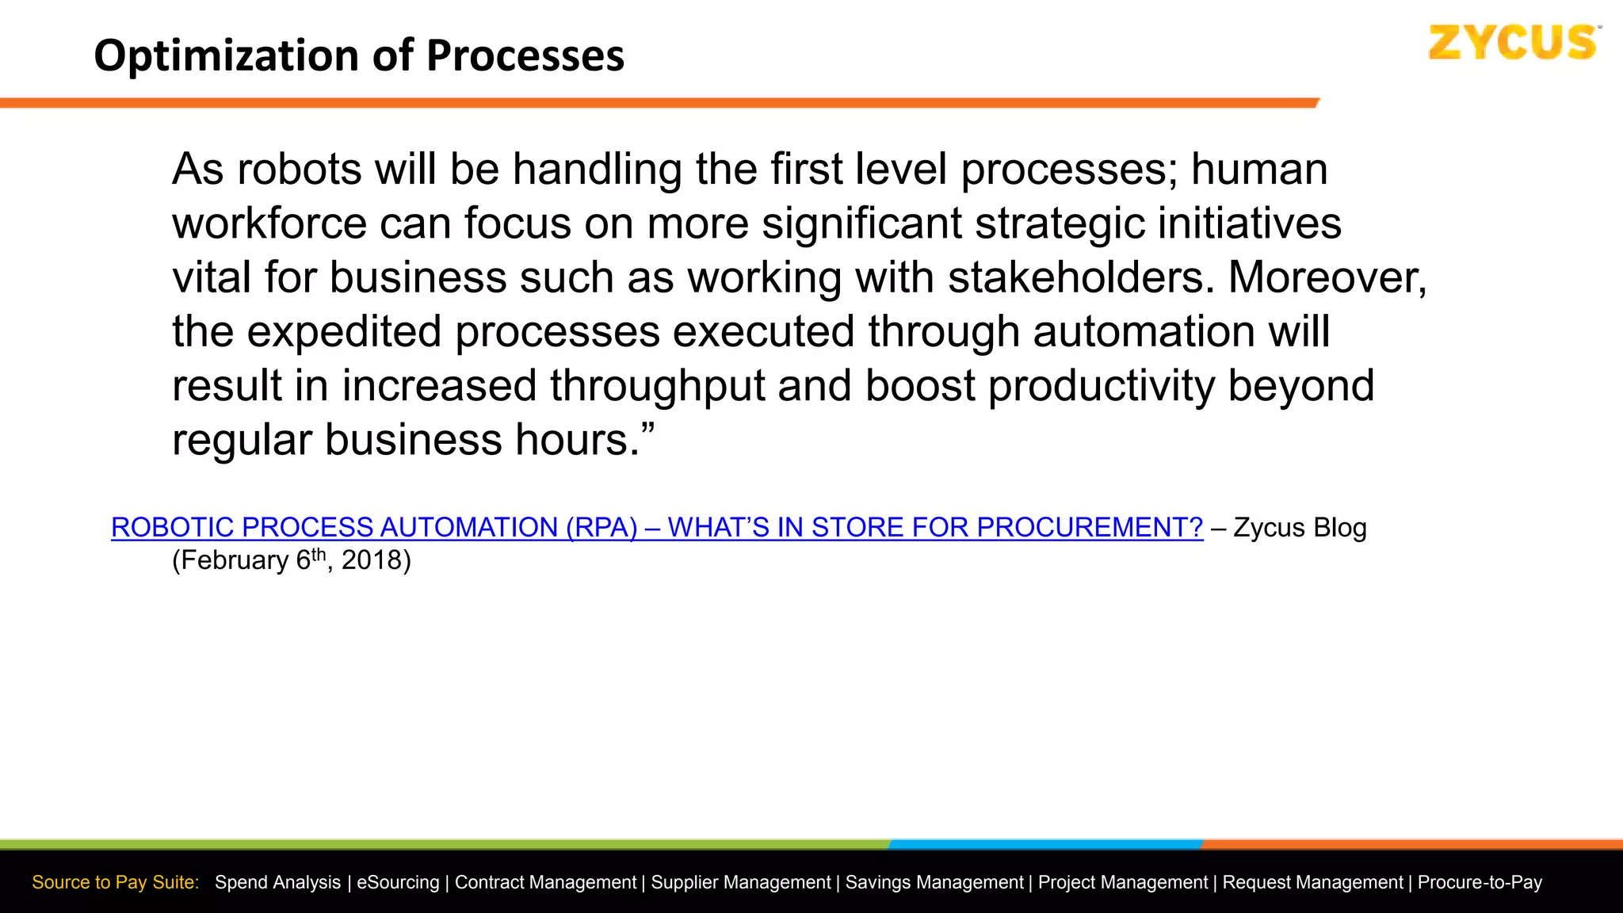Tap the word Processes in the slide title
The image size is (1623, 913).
(x=525, y=56)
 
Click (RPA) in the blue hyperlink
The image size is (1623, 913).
(x=601, y=527)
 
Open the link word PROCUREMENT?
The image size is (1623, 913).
(x=1090, y=527)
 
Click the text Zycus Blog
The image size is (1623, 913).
(x=1300, y=528)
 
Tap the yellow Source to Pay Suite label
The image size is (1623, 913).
(x=116, y=882)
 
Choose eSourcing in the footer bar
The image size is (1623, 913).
(x=398, y=882)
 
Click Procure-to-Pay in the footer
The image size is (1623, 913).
(x=1480, y=882)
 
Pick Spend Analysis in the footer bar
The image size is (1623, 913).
(x=277, y=882)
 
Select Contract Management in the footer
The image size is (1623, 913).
(x=545, y=882)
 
